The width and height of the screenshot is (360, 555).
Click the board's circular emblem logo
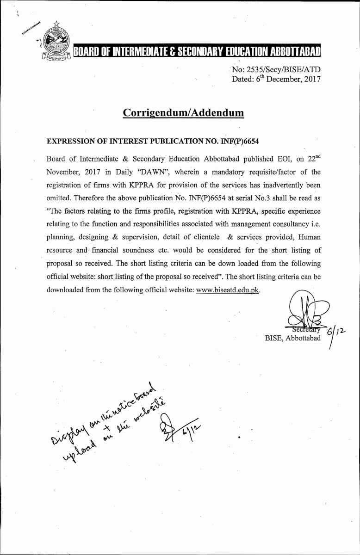click(55, 46)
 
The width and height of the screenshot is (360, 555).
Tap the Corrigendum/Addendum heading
click(183, 112)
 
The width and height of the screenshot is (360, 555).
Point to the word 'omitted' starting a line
click(61, 198)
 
